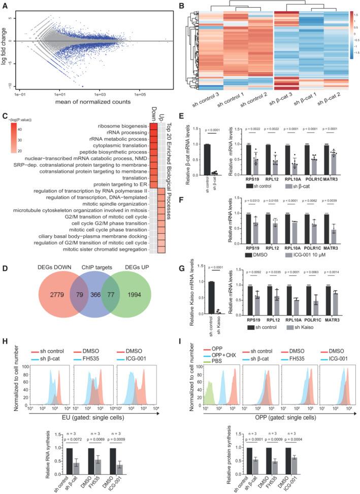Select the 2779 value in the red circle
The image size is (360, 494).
click(x=49, y=294)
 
